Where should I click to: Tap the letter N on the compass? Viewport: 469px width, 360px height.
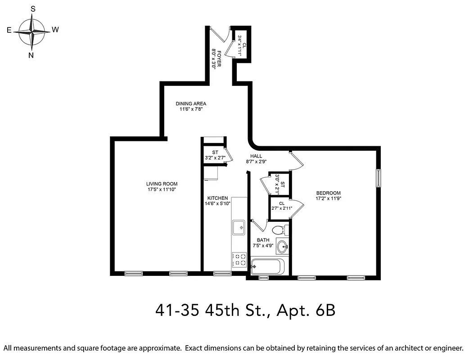click(31, 55)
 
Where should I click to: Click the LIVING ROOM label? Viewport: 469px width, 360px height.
click(162, 184)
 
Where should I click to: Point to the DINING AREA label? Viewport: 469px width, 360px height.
click(191, 103)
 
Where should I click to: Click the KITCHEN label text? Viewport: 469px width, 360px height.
click(217, 198)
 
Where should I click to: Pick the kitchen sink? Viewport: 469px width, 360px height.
click(239, 227)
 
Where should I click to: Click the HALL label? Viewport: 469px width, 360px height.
click(257, 156)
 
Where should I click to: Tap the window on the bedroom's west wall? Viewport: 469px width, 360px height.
click(379, 177)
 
